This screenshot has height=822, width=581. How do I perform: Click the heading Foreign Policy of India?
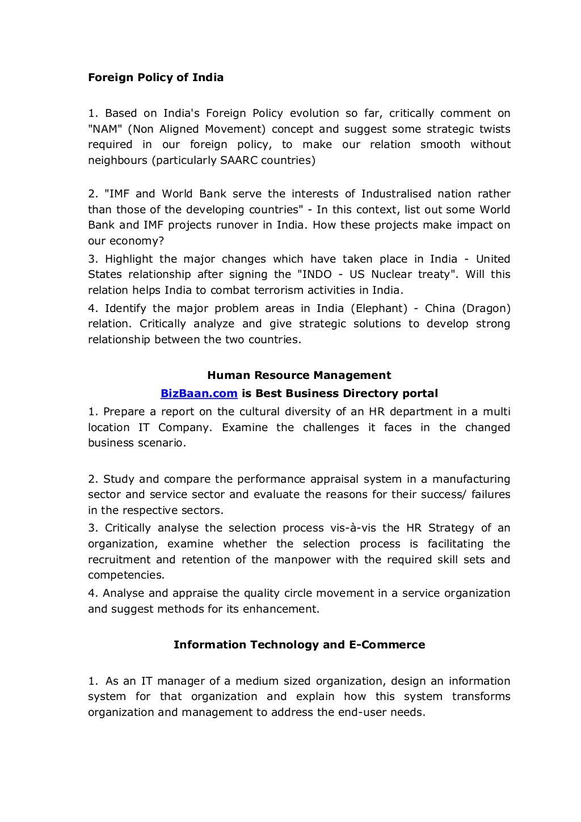(155, 78)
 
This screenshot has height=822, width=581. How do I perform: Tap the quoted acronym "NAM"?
(105, 129)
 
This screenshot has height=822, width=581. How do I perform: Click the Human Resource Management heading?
(299, 376)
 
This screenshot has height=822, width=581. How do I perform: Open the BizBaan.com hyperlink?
(199, 394)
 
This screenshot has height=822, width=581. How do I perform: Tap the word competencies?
(125, 575)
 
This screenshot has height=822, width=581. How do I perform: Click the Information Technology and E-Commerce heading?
(299, 645)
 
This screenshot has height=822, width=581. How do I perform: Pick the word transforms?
(481, 697)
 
